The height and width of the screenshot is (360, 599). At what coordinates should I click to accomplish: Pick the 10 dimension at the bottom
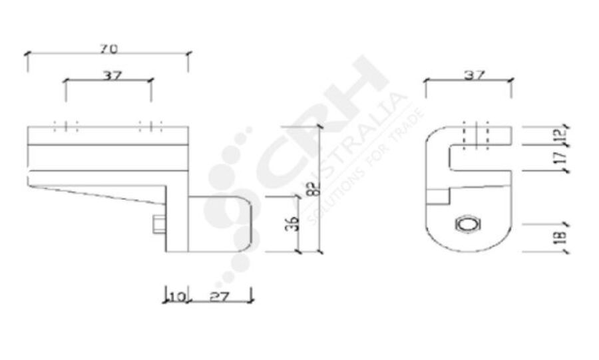point(176,296)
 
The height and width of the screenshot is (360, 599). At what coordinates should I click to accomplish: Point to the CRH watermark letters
point(319,126)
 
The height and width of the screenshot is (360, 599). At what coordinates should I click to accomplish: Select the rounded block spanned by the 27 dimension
point(220,223)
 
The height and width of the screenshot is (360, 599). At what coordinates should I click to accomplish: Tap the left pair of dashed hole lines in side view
point(65,126)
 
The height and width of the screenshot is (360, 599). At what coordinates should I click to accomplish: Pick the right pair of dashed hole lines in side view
point(151,126)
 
